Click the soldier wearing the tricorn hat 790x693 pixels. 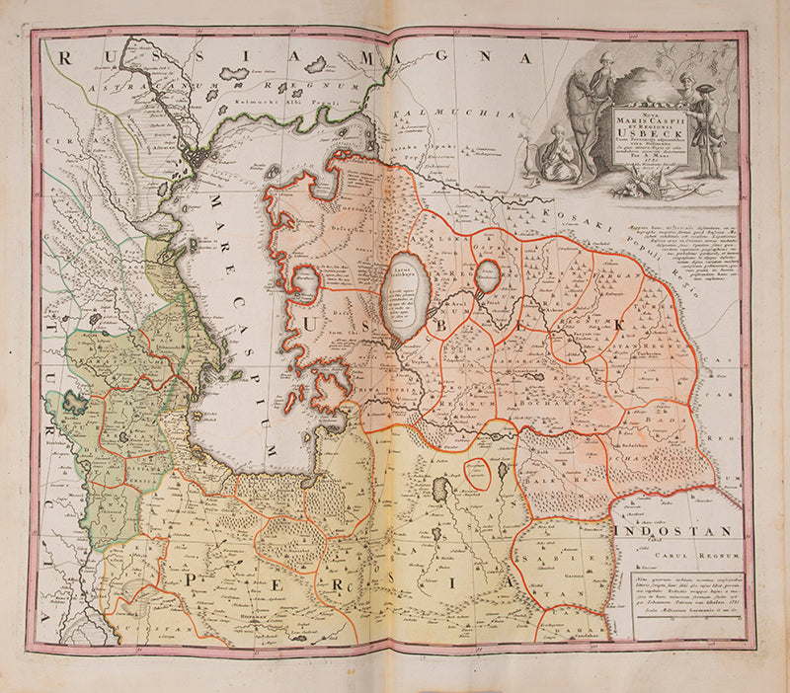coord(704,128)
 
